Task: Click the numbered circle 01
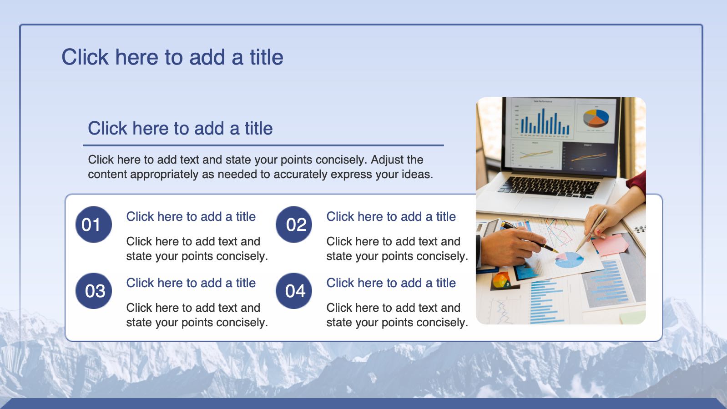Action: pos(93,224)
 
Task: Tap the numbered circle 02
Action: pos(294,224)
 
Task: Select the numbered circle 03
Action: pos(93,291)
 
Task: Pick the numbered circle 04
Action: pos(294,291)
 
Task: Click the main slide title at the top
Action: pos(172,57)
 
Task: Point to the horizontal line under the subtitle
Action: pos(263,145)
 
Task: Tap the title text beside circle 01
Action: pos(191,216)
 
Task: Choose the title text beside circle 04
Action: pos(391,283)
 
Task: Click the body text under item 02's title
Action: pos(397,249)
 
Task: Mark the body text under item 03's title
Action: pos(197,315)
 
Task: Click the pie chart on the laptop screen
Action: pos(596,118)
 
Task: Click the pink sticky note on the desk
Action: pos(610,244)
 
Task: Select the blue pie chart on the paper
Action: pos(569,260)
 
